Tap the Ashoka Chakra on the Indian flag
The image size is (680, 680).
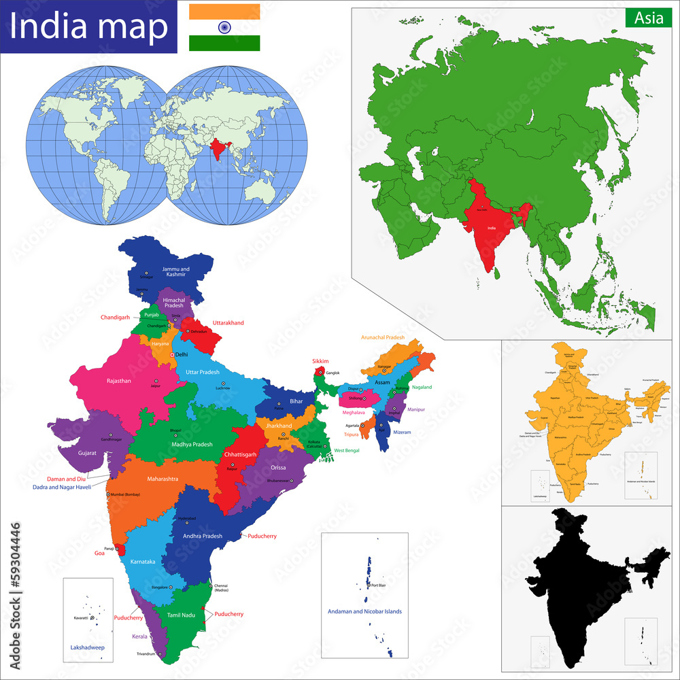[x=224, y=27]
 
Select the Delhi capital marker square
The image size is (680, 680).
[x=172, y=355]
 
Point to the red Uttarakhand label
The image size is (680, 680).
[x=228, y=323]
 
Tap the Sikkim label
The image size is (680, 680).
[x=320, y=361]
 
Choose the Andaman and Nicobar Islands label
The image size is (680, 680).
[x=366, y=611]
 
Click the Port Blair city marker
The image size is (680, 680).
[x=368, y=585]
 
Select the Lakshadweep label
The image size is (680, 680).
[x=88, y=647]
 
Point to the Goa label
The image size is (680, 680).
[x=99, y=554]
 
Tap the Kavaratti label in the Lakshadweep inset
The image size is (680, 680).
[x=81, y=617]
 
